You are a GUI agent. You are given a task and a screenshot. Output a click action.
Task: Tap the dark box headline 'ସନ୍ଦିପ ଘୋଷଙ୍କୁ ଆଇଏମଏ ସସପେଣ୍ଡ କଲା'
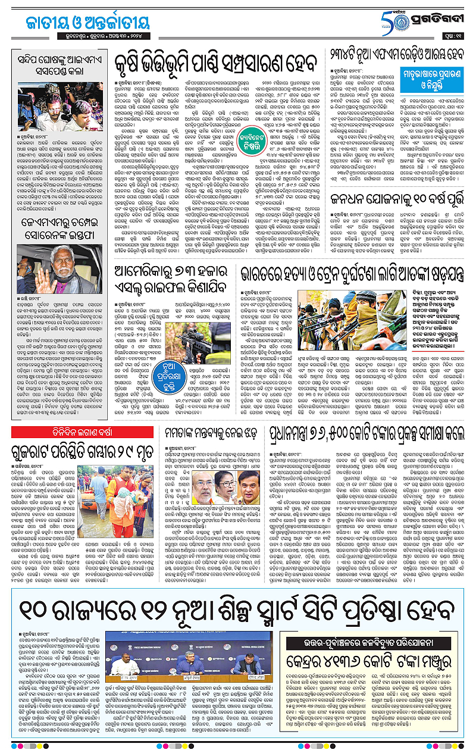coord(57,60)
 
